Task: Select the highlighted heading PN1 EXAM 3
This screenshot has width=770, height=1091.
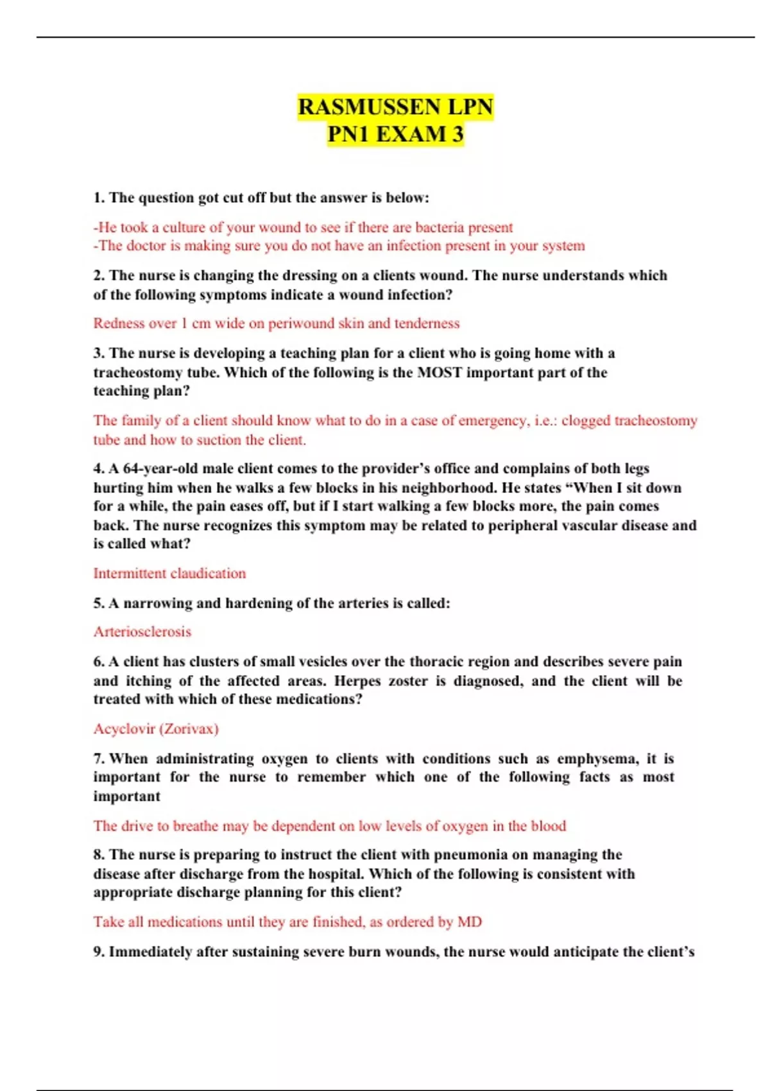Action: click(x=395, y=134)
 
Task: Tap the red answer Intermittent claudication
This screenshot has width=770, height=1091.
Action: click(x=169, y=573)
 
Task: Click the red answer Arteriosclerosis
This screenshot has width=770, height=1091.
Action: click(x=142, y=631)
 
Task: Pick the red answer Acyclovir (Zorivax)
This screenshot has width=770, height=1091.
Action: click(x=156, y=729)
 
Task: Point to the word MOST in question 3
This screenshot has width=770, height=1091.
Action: click(x=440, y=372)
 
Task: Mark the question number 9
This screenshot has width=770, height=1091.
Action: click(x=99, y=952)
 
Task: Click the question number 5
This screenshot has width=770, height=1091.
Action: click(x=99, y=603)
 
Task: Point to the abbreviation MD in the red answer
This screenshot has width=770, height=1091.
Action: click(x=469, y=922)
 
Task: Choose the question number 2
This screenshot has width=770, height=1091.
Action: click(x=99, y=275)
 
